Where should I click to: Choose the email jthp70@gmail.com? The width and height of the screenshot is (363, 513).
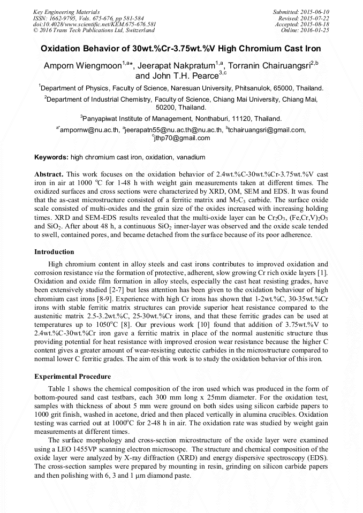[183, 137]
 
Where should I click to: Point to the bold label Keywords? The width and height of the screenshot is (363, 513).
[51, 157]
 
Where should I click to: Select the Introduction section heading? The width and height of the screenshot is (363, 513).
[54, 252]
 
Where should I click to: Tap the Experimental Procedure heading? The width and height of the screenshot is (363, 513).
[72, 377]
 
